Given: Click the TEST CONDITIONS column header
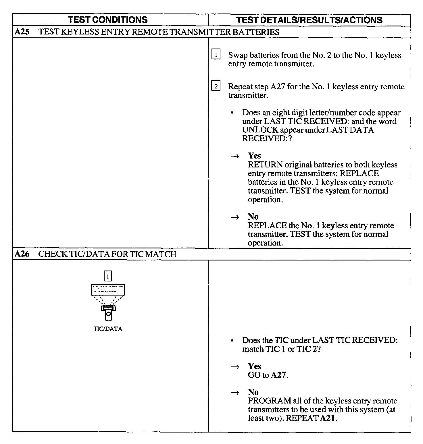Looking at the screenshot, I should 108,20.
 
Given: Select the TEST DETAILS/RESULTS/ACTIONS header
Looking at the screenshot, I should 309,20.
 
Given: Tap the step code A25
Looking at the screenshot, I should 22,32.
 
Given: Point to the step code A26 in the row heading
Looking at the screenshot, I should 22,254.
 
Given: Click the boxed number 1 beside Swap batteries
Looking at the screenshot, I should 216,55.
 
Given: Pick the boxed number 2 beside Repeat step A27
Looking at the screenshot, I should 216,86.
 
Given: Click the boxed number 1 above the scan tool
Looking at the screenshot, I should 108,276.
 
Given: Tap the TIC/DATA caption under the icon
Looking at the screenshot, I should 108,329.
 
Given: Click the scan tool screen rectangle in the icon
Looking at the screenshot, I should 108,290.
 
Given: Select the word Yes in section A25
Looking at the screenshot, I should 254,156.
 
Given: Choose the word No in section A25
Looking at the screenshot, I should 253,217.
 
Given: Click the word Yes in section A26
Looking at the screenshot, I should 254,366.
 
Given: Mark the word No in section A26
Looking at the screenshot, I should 253,392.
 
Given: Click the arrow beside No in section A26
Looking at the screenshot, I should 235,393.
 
